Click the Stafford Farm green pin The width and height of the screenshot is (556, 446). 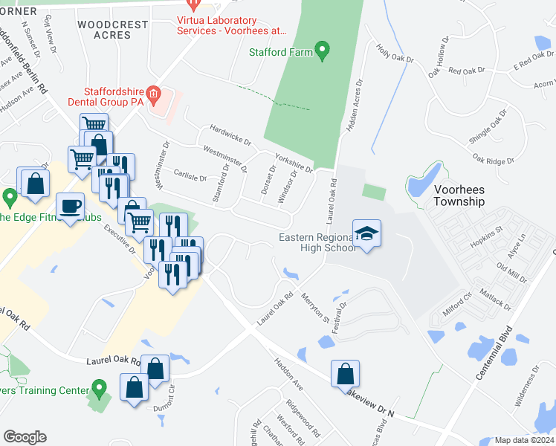point(322,51)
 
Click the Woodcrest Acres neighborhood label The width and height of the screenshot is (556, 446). point(113,30)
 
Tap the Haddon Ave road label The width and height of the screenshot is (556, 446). point(288,373)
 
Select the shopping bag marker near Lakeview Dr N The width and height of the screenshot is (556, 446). point(345,374)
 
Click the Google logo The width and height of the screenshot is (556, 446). point(25,437)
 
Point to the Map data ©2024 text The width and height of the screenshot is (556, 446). point(524,440)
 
